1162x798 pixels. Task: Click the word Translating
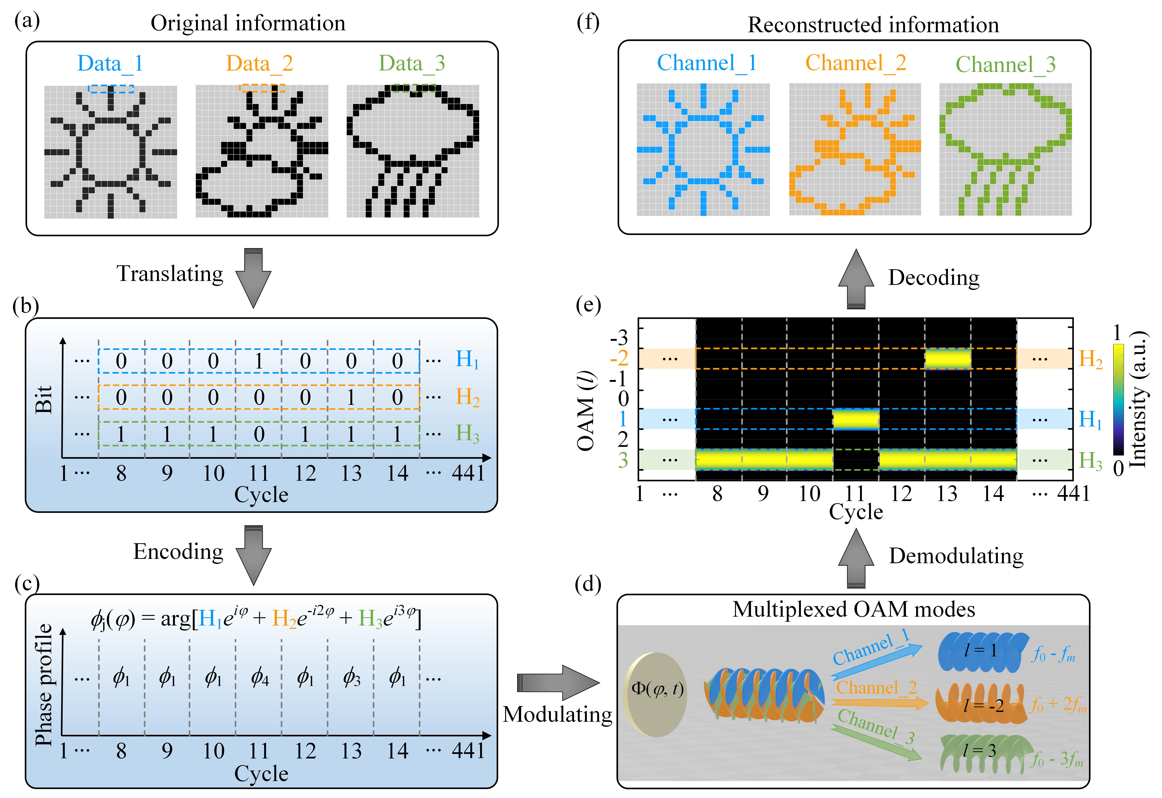point(170,274)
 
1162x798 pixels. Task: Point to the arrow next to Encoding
point(253,555)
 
